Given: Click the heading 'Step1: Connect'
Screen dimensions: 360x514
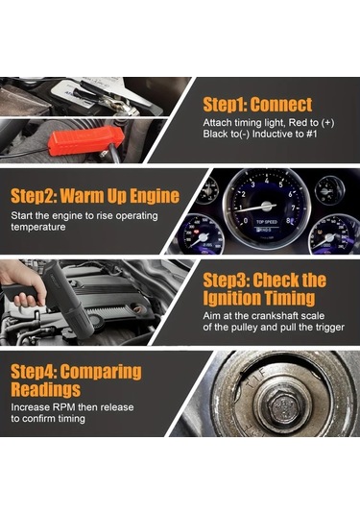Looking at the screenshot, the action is (257, 105).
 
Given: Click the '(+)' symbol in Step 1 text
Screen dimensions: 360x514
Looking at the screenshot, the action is (327, 123).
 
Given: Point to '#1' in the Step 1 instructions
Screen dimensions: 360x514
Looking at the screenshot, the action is (311, 134).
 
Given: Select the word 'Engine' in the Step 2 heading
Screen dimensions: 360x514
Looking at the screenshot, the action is (155, 196).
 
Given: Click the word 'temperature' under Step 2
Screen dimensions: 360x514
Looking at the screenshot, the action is (38, 227).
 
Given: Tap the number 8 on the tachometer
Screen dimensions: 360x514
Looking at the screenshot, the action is (288, 221).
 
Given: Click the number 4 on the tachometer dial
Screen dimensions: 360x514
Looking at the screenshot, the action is (267, 181).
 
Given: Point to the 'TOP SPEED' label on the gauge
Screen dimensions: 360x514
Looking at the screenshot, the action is (267, 222).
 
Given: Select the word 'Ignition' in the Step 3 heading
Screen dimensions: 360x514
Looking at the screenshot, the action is (231, 298).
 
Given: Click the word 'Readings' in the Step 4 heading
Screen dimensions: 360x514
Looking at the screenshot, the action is (45, 389).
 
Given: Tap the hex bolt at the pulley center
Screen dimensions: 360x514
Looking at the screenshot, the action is (283, 407).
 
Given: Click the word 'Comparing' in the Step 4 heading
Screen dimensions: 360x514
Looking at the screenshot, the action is (101, 372).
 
